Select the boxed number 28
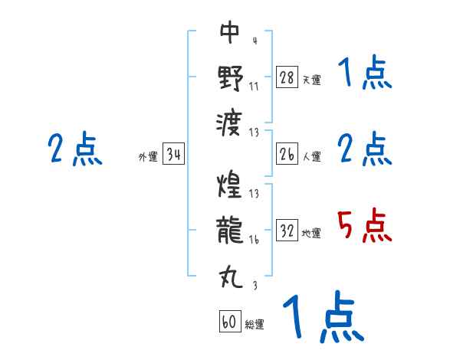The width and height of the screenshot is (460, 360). (x=287, y=77)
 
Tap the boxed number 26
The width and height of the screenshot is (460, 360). (x=287, y=155)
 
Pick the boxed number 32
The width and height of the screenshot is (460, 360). (x=287, y=231)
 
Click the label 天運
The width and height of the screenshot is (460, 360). (x=311, y=80)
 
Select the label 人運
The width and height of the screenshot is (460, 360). (x=311, y=157)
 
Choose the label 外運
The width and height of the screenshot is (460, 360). (x=148, y=157)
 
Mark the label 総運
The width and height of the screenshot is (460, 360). (x=255, y=325)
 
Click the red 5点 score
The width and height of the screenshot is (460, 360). (x=365, y=227)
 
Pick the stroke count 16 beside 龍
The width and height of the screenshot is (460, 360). (x=254, y=240)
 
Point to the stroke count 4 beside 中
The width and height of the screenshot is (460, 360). (x=254, y=41)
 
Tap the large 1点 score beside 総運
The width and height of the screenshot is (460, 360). (x=321, y=319)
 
